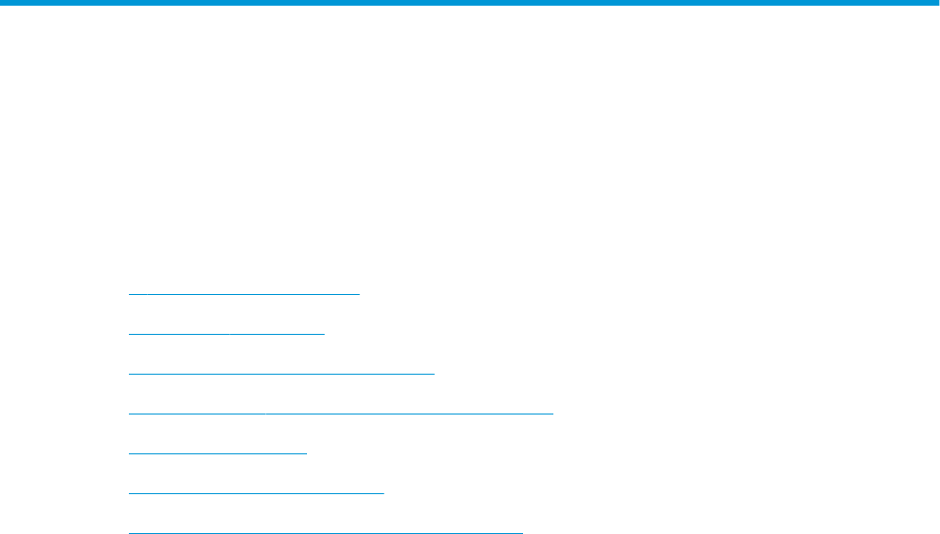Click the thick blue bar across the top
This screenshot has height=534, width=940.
click(x=470, y=4)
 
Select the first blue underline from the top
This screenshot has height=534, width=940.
click(x=244, y=294)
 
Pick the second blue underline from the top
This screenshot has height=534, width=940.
click(x=226, y=334)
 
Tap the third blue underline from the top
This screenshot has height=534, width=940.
click(x=280, y=374)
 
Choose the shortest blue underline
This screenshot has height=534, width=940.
click(x=217, y=453)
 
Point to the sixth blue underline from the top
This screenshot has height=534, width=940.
click(x=256, y=492)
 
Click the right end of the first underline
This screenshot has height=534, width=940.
click(x=360, y=294)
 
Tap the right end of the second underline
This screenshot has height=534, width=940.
click(x=324, y=334)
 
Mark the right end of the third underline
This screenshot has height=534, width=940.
click(x=433, y=374)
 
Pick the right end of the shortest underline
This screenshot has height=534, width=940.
click(x=307, y=453)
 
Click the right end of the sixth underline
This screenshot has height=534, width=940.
click(x=384, y=492)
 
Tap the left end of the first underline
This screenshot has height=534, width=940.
click(x=129, y=294)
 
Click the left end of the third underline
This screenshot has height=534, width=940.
click(x=129, y=374)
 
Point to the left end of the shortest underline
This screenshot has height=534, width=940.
click(x=129, y=453)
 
